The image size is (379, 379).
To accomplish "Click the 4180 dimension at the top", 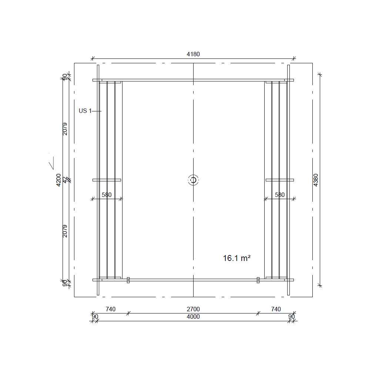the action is coord(193,54).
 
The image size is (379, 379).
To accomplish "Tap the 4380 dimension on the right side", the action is coord(316,180).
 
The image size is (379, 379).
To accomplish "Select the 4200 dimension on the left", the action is coord(58,180).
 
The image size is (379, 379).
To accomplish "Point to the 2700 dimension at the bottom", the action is coord(193,309).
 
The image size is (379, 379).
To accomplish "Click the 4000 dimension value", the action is coord(193,317).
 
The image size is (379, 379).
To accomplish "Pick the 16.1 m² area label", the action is coord(237,258).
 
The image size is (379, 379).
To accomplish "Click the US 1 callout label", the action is coord(85,111).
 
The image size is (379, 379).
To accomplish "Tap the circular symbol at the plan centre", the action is coord(193,180).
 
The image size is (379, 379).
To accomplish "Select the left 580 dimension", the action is coord(107,195).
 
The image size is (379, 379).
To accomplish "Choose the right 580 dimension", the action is coord(280,195).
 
